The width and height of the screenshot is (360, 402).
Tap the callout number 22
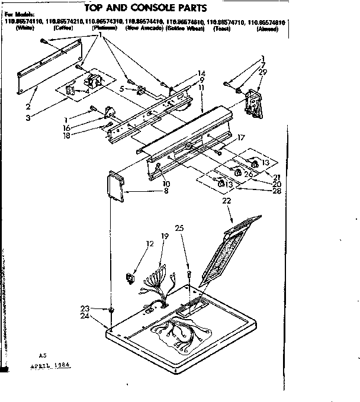pyautogui.click(x=227, y=202)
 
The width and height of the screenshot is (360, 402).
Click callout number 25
pyautogui.click(x=179, y=228)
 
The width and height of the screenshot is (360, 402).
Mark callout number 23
pyautogui.click(x=85, y=308)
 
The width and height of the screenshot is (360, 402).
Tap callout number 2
pyautogui.click(x=28, y=107)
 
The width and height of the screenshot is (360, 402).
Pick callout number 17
pyautogui.click(x=242, y=139)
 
